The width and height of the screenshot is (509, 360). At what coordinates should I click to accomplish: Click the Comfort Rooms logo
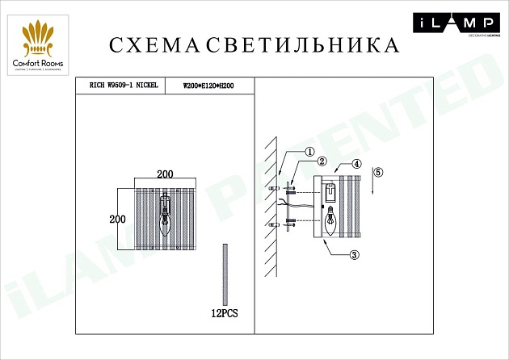pyautogui.click(x=40, y=48)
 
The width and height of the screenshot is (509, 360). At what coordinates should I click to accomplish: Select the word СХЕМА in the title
pyautogui.click(x=154, y=45)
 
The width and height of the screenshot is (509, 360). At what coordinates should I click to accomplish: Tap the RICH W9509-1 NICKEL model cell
pyautogui.click(x=119, y=85)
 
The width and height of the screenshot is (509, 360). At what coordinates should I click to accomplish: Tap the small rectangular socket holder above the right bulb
pyautogui.click(x=330, y=192)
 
